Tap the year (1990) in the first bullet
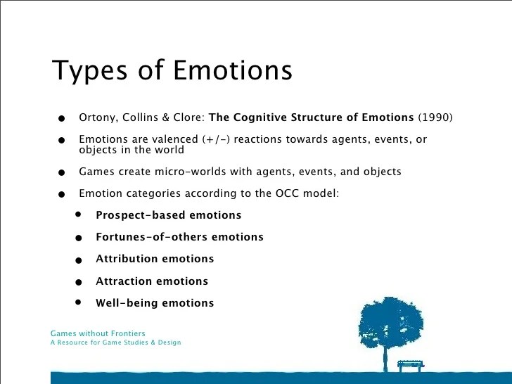435,117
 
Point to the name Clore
188,117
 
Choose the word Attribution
127,259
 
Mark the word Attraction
126,281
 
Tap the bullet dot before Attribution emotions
79,260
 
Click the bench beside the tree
411,365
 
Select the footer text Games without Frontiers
98,333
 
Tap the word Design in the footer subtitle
169,343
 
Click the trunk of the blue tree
385,359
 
